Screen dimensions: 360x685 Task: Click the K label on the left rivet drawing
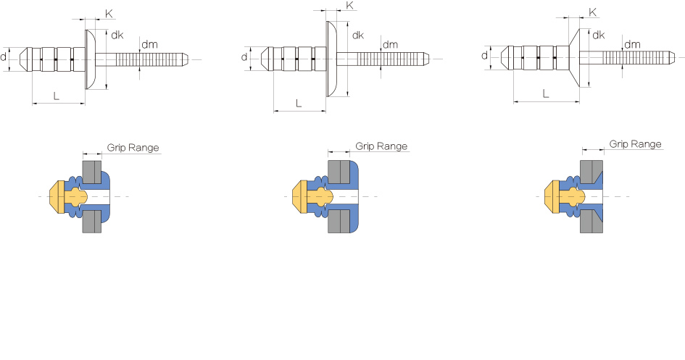(x=109, y=14)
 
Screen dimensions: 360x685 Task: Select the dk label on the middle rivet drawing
(x=357, y=35)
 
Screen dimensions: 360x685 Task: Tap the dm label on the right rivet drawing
(x=632, y=44)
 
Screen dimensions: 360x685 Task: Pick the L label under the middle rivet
(x=299, y=104)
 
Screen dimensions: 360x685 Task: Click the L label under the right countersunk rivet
(x=545, y=93)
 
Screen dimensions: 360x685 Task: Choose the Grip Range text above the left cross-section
(x=133, y=147)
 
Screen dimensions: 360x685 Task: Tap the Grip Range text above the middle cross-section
(x=381, y=146)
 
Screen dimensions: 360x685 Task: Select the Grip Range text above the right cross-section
(x=635, y=144)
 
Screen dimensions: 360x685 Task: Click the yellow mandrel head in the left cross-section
(x=57, y=196)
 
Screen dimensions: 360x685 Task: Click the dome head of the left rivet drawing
(x=91, y=58)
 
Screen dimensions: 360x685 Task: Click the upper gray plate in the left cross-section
(x=91, y=172)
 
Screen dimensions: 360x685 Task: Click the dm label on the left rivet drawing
(x=149, y=45)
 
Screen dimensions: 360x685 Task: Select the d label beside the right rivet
(x=484, y=55)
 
